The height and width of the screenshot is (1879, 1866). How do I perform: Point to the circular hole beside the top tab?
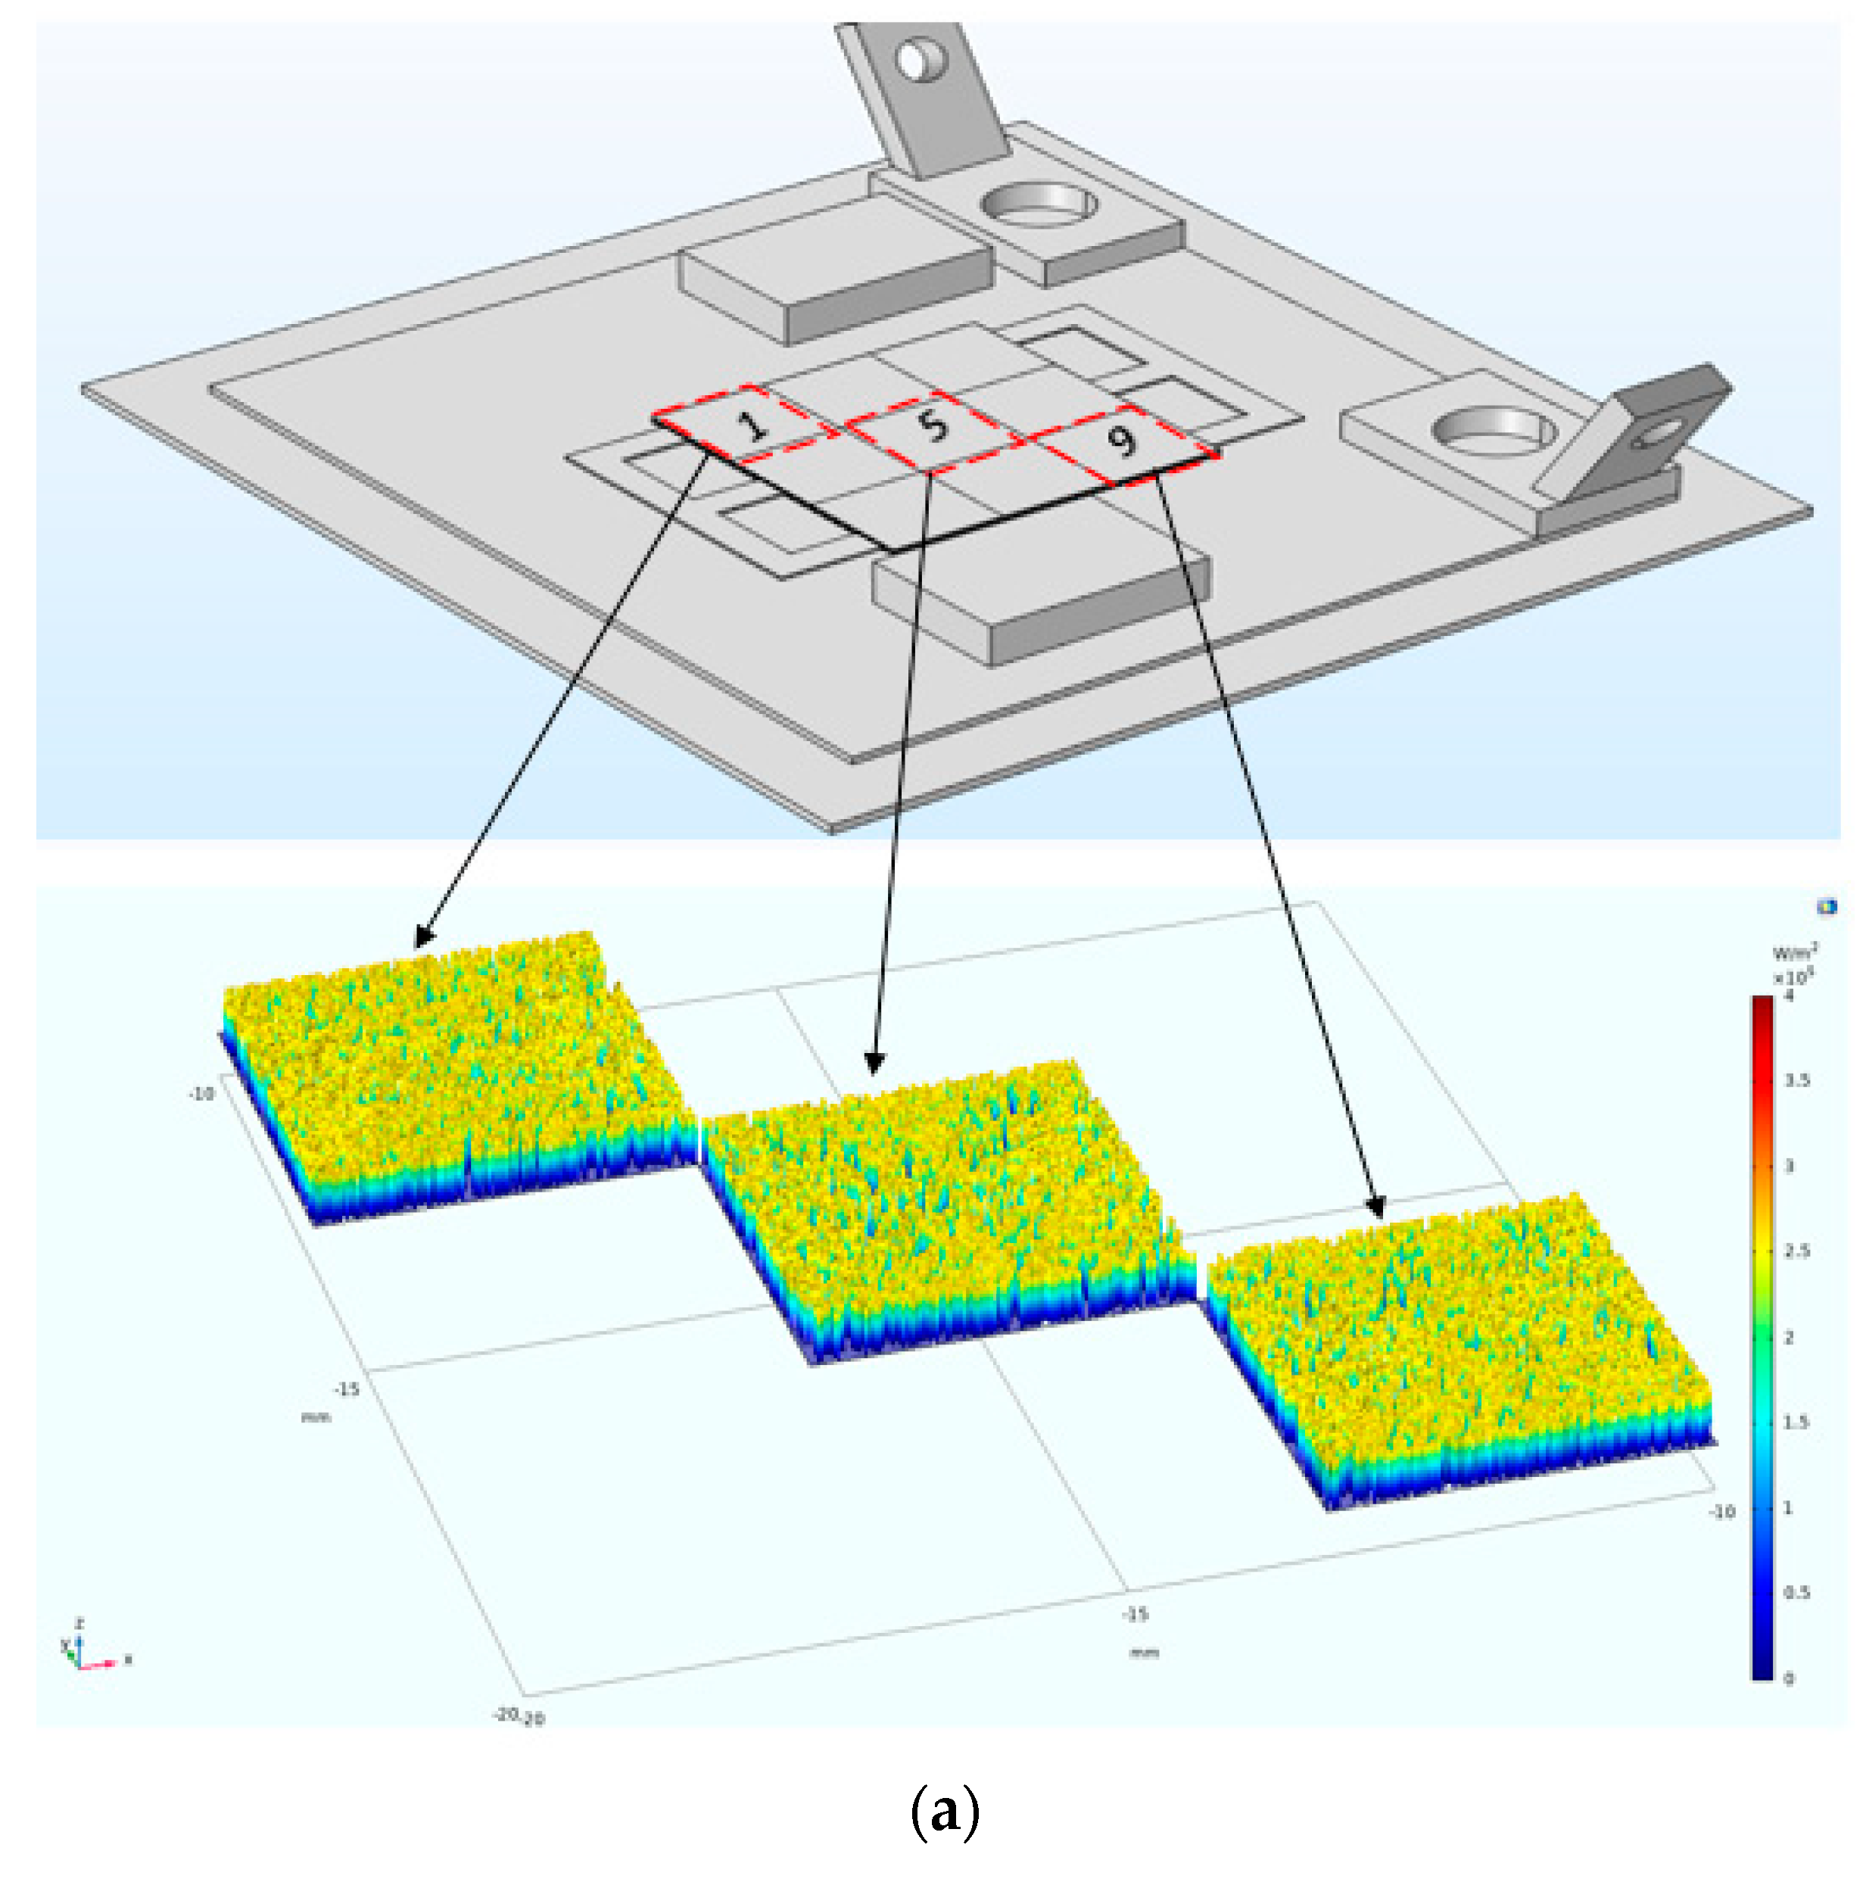[1038, 204]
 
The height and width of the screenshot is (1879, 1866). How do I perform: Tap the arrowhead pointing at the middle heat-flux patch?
[874, 1066]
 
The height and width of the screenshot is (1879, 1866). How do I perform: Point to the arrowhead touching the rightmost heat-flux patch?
[1377, 1209]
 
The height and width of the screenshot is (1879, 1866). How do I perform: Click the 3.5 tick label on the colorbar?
[1797, 1080]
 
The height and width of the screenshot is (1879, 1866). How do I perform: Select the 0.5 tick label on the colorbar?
[1796, 1592]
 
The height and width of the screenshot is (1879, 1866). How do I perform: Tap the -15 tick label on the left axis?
[346, 1389]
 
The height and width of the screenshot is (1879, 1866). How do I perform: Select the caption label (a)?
[944, 1811]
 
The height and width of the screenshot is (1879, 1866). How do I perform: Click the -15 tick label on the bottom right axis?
[1135, 1615]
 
